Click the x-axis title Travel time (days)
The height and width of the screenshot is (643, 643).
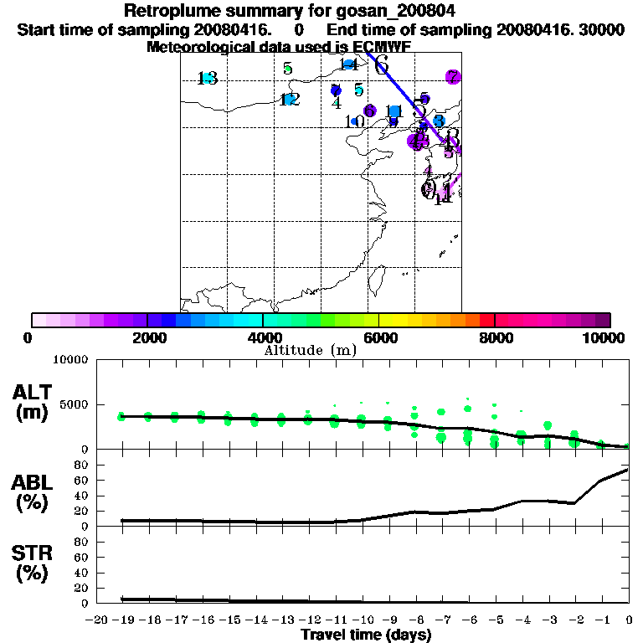366,635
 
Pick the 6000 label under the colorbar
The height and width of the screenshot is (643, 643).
378,337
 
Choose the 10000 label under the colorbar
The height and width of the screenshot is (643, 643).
604,337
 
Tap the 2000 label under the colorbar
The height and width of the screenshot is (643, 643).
147,337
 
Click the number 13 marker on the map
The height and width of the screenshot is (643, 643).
207,79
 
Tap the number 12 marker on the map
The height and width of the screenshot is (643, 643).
289,100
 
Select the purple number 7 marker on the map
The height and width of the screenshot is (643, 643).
453,77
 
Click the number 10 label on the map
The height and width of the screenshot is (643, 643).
355,121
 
